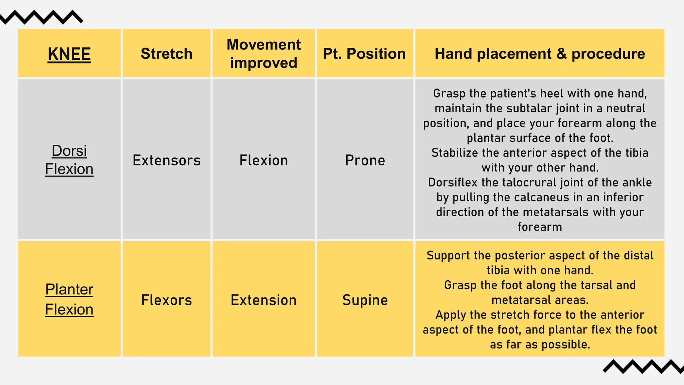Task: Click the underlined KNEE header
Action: click(69, 54)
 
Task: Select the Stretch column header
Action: click(167, 54)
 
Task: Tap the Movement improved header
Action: click(264, 53)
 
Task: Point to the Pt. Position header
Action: click(364, 54)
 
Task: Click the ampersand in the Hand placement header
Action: click(562, 54)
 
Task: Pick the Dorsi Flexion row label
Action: click(69, 160)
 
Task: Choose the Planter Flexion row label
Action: click(69, 299)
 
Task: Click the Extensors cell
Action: click(167, 160)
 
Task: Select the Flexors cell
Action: click(167, 300)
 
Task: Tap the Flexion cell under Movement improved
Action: click(264, 160)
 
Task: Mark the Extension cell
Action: click(264, 300)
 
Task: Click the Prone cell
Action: click(365, 160)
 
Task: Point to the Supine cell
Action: click(365, 300)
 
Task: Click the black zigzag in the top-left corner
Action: click(42, 17)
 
